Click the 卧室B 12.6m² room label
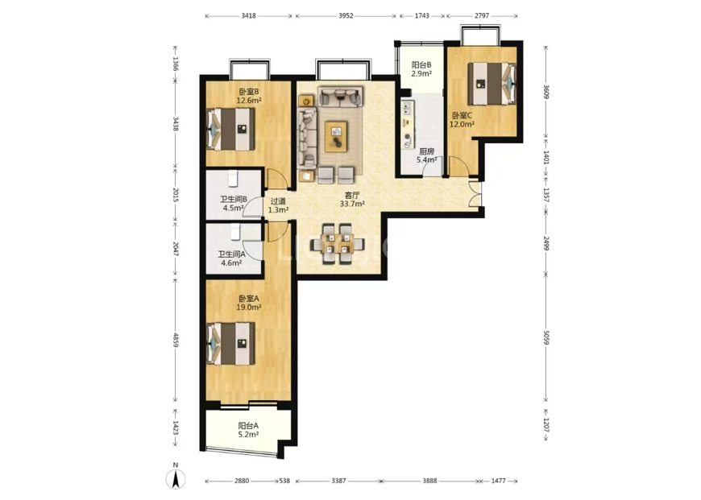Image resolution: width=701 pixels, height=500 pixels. click(x=248, y=96)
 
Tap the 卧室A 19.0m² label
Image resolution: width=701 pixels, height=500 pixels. click(x=248, y=303)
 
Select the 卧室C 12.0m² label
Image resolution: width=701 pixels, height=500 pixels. click(x=462, y=120)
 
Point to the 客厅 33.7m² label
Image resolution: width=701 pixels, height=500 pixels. click(x=352, y=200)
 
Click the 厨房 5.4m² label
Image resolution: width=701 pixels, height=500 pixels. click(x=426, y=155)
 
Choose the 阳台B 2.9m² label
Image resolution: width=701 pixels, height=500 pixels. click(x=421, y=69)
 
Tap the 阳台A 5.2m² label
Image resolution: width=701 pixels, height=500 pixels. click(x=248, y=430)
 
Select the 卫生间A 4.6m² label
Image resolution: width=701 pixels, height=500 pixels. click(x=231, y=258)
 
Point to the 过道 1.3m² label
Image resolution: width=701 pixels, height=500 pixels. click(x=278, y=205)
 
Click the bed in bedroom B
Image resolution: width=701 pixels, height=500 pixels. click(x=230, y=129)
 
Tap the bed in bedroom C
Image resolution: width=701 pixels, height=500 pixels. click(x=492, y=83)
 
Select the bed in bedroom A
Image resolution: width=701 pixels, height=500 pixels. click(x=230, y=344)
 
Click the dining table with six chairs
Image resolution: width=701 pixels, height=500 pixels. click(x=338, y=244)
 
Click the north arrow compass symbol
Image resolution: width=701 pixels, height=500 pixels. click(x=176, y=479)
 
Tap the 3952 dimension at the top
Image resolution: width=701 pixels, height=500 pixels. click(x=346, y=15)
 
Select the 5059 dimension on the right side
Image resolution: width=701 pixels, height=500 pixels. click(x=545, y=337)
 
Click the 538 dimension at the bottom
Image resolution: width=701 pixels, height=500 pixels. click(x=284, y=481)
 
